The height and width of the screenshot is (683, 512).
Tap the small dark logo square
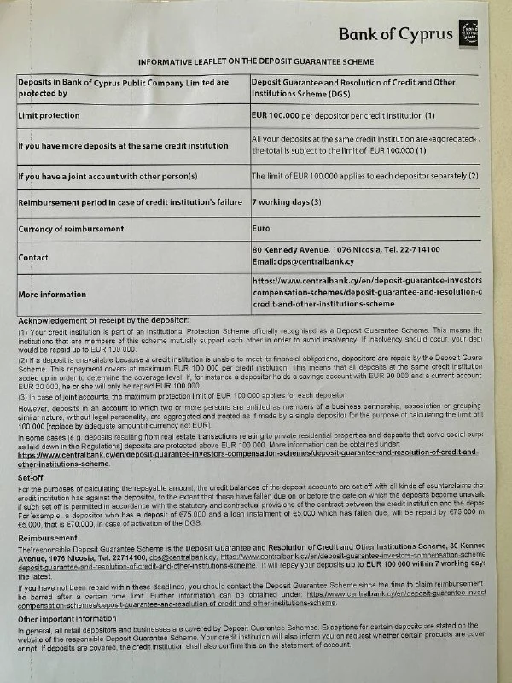[x=468, y=31]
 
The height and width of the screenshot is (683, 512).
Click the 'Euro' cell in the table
[x=261, y=229]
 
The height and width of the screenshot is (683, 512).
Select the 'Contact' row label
[x=37, y=256]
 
